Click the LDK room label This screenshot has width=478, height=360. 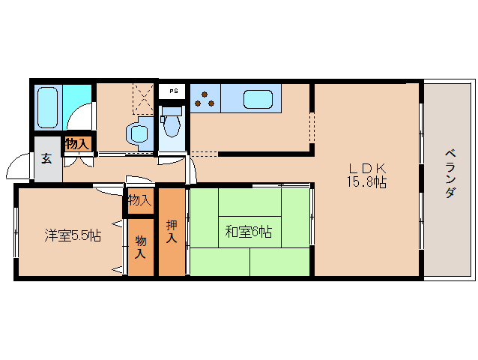[366, 167]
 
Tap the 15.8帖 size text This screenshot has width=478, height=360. [366, 181]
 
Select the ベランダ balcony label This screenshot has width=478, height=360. [450, 172]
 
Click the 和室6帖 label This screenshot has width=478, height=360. [248, 232]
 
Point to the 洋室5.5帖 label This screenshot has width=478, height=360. [71, 235]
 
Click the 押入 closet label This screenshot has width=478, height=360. [172, 232]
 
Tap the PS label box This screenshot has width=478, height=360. [173, 91]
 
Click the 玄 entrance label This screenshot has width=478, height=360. [47, 158]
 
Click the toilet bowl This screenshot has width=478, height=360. [172, 124]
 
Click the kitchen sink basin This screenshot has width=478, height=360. [257, 99]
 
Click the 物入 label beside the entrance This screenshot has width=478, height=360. [77, 142]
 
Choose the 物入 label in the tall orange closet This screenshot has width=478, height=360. [141, 247]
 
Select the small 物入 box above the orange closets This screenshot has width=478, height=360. [139, 200]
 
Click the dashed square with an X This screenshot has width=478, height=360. [142, 96]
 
